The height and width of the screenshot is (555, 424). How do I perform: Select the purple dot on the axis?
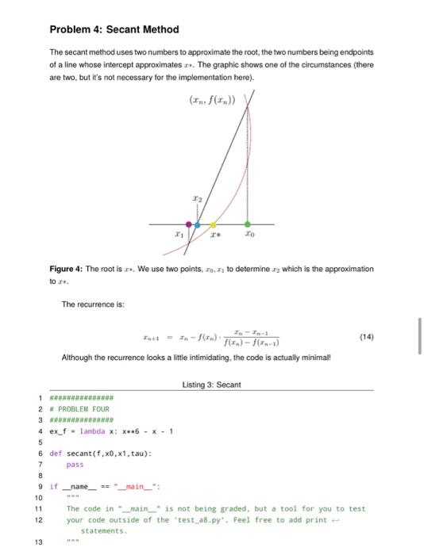point(188,224)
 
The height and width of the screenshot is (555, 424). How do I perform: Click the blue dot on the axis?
point(198,224)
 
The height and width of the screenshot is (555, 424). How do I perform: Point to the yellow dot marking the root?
point(213,224)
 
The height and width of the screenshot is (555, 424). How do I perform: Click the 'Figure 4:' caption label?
point(66,269)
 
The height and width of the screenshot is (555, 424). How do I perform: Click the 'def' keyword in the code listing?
point(56,454)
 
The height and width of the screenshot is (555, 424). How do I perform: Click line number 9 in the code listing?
point(38,486)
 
